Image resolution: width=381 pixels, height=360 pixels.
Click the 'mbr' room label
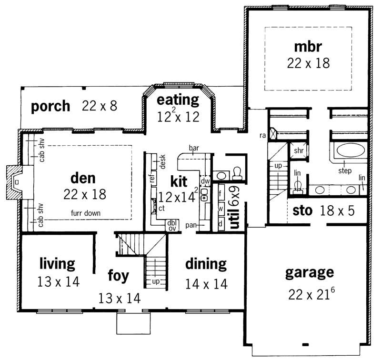(x=308, y=47)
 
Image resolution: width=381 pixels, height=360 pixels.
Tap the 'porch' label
(x=50, y=106)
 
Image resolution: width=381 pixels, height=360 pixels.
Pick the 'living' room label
(x=57, y=263)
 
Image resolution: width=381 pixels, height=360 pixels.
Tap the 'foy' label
(x=119, y=276)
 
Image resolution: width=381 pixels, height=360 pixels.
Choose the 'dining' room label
(x=206, y=263)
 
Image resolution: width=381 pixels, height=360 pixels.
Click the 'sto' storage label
(x=302, y=210)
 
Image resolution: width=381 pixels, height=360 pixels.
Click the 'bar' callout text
(x=194, y=148)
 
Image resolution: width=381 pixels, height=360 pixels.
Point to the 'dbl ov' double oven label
(x=171, y=225)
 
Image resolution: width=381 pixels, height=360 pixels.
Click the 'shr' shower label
(x=299, y=150)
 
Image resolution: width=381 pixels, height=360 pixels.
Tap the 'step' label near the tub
(x=345, y=170)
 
